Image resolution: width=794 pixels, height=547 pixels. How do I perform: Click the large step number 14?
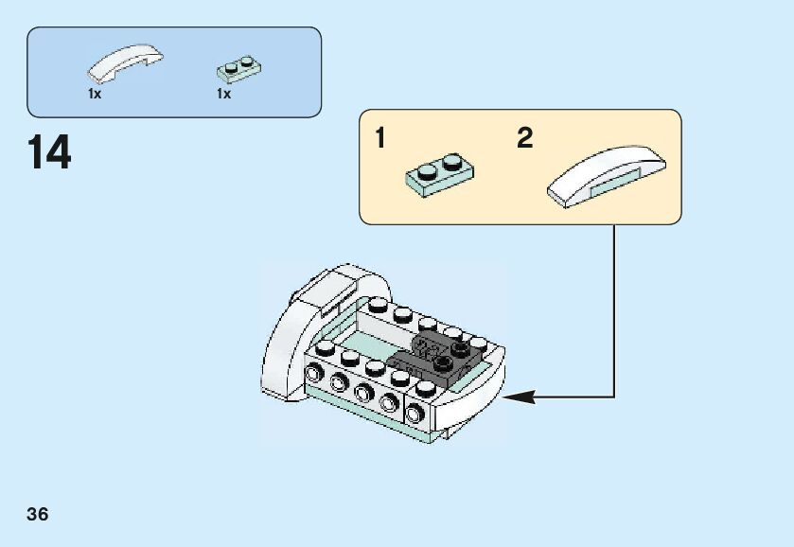pyautogui.click(x=49, y=152)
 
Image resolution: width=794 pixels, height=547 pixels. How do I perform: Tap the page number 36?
pyautogui.click(x=38, y=515)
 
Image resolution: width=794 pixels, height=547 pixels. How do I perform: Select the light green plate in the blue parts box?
pyautogui.click(x=238, y=67)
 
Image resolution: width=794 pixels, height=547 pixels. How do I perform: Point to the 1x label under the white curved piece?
pyautogui.click(x=95, y=95)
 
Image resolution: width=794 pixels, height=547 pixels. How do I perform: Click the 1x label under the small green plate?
pyautogui.click(x=223, y=95)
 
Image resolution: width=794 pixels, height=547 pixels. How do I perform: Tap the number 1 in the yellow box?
pyautogui.click(x=380, y=139)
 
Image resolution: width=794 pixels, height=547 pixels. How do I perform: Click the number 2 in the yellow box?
pyautogui.click(x=525, y=139)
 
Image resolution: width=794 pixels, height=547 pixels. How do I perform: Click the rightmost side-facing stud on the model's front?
pyautogui.click(x=417, y=413)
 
